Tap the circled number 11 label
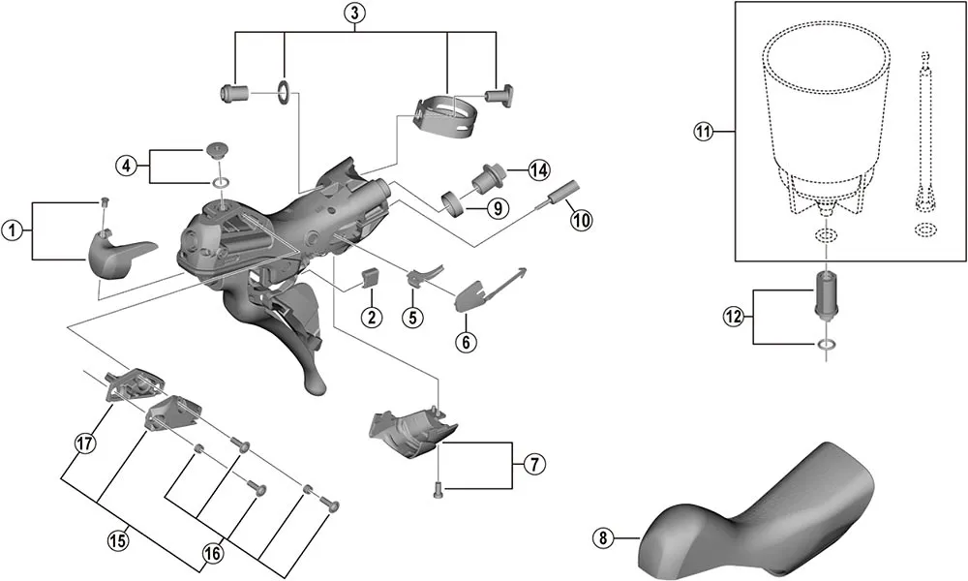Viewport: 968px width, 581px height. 703,132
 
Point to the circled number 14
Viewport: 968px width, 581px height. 538,170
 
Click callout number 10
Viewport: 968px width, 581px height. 581,220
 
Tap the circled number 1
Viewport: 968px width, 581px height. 13,229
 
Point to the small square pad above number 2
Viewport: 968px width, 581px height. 368,279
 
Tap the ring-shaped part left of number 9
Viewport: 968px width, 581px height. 451,202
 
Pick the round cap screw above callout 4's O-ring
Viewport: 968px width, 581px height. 217,150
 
